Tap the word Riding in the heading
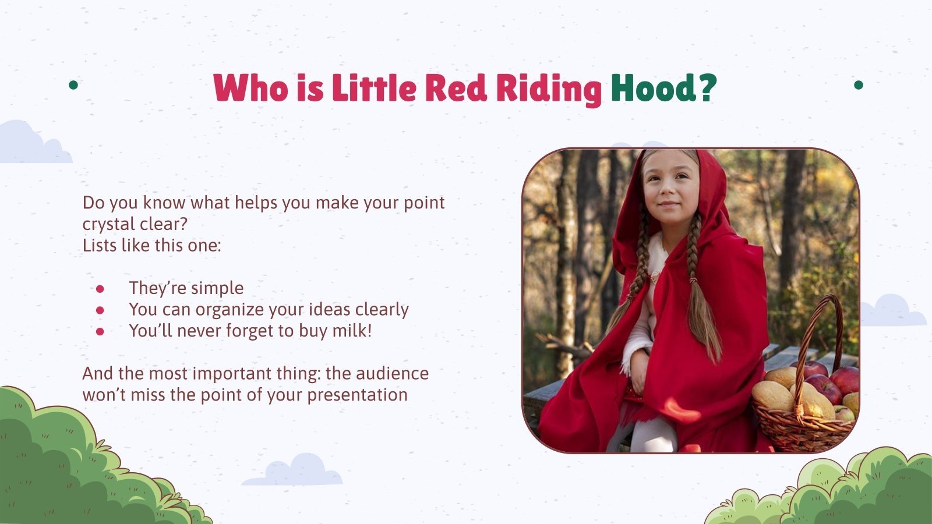pos(549,88)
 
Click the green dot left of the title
pos(73,85)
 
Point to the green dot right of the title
pos(858,85)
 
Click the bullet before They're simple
pos(100,288)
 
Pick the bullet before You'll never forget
pos(100,331)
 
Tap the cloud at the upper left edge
pos(29,144)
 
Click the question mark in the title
pos(706,88)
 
